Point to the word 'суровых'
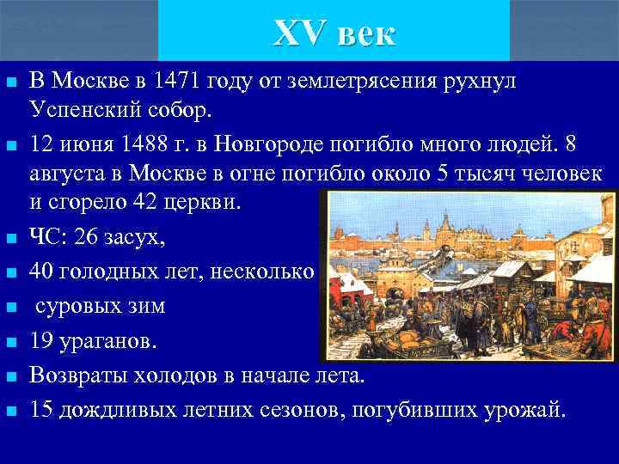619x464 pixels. pos(77,306)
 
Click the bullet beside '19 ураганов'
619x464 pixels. pos(10,343)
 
